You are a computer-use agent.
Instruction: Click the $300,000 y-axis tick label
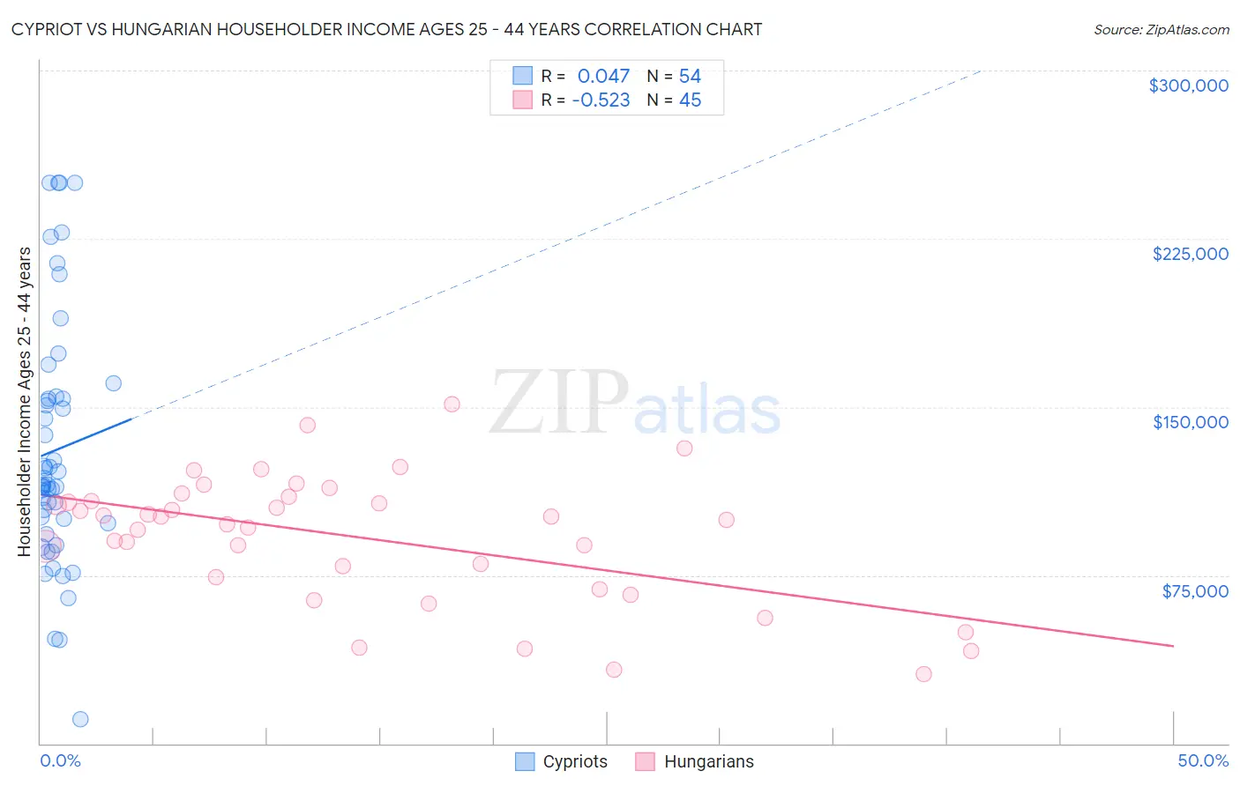(x=1188, y=85)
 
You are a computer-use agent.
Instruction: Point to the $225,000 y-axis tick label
(x=1190, y=254)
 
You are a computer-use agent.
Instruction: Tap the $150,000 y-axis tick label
(x=1190, y=422)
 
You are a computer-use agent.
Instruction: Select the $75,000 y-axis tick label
(x=1194, y=591)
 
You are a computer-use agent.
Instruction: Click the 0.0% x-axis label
(x=60, y=760)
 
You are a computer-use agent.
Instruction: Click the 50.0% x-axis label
(x=1202, y=760)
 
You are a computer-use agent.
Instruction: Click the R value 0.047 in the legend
(x=603, y=77)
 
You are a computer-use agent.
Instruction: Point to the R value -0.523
(x=601, y=100)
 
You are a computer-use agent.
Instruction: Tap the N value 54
(x=690, y=77)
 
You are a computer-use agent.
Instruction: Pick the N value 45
(x=690, y=100)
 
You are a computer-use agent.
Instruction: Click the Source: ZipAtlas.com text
(x=1161, y=30)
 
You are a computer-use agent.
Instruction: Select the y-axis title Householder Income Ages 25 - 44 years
(x=25, y=402)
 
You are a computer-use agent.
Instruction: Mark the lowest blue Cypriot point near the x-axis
(x=80, y=719)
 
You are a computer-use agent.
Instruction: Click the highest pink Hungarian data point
(x=452, y=404)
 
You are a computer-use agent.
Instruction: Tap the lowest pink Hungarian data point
(x=923, y=674)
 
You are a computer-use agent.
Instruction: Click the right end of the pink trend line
(x=1173, y=646)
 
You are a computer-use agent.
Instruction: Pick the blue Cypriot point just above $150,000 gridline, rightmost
(x=114, y=383)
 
